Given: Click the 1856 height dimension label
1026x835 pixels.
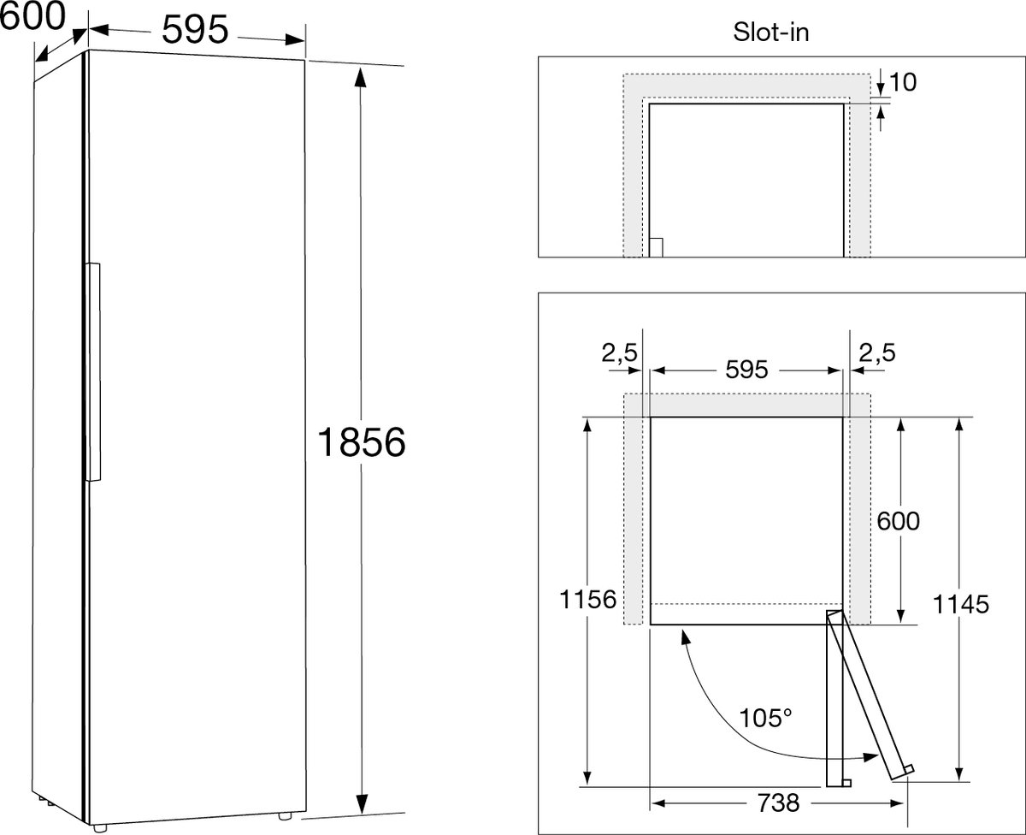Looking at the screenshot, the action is [362, 442].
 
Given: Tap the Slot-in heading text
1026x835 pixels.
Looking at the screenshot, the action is [770, 33].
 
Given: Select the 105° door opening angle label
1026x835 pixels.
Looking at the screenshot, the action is [765, 718].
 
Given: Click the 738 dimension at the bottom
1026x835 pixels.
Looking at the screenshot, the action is [778, 802].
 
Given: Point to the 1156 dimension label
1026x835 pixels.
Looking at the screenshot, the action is [587, 600].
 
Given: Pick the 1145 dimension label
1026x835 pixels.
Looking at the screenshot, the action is [961, 604].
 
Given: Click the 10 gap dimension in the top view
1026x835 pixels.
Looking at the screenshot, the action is [903, 82].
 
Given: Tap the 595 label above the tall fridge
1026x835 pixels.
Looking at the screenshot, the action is [195, 29].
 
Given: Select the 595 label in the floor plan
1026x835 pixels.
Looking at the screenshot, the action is [746, 370].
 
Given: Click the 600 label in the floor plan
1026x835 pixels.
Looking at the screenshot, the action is [899, 521].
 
